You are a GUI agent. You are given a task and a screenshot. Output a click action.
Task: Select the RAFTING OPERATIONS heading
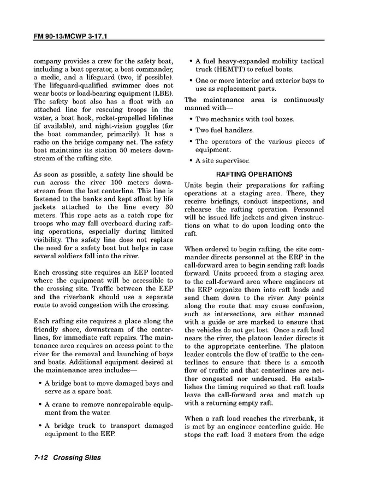pos(254,175)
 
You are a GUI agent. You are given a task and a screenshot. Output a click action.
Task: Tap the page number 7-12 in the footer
pos(41,457)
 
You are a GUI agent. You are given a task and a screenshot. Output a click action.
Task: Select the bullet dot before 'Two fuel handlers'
pos(190,131)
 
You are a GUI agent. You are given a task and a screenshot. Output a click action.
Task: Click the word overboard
pos(113,223)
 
